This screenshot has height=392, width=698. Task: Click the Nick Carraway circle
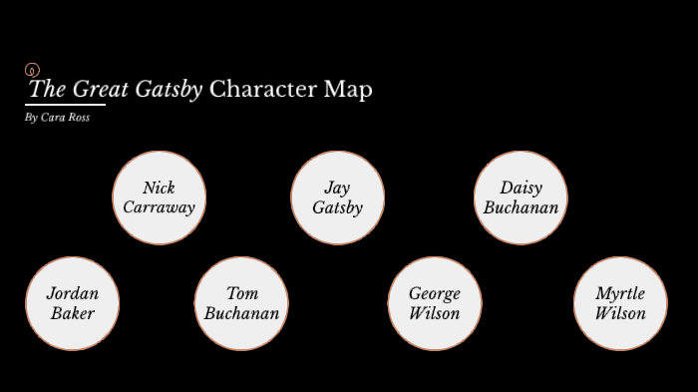pos(159,197)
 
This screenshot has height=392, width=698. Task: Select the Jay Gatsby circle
pos(337,197)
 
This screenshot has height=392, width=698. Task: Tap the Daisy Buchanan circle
pos(521,197)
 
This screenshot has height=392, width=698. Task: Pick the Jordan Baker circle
pos(72,303)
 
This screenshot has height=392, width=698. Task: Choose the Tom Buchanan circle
pos(241,303)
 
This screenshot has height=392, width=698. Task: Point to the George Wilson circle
pos(435,303)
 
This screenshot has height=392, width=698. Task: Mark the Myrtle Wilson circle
pos(620,303)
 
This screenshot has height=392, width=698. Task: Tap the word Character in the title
pos(263,89)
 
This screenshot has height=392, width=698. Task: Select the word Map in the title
pos(348,90)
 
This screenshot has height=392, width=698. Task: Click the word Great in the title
pos(100,89)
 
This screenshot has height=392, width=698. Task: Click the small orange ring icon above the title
pos(31,70)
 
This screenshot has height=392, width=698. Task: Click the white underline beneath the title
pos(66,104)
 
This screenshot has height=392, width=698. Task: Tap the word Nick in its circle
pos(159,188)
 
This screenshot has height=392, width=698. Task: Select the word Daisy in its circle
pos(521,189)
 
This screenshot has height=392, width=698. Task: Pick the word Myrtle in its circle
pos(620,294)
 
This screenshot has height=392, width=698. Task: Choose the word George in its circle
pos(435,294)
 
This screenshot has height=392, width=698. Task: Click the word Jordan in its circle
pos(72,293)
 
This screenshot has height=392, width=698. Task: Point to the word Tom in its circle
pos(242,293)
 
